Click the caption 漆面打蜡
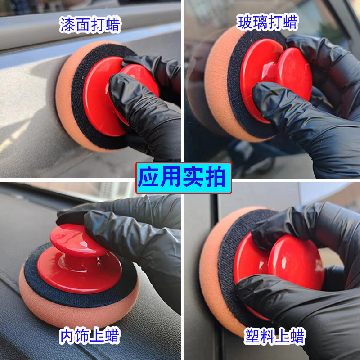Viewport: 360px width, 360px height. [x=90, y=25]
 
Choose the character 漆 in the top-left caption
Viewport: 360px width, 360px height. [x=67, y=25]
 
